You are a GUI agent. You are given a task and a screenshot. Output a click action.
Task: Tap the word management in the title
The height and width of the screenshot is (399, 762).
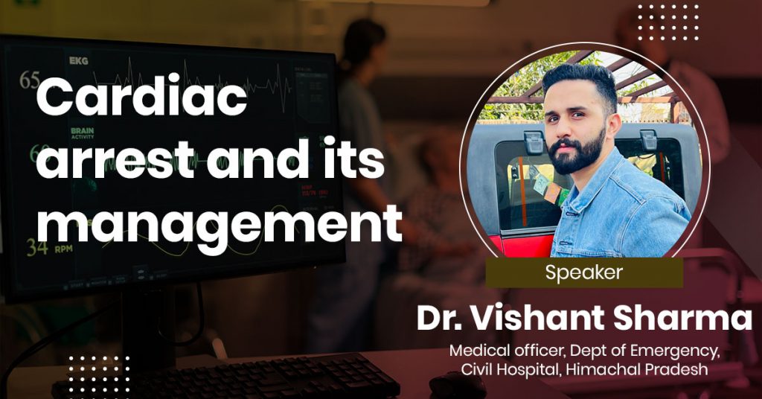tap(220, 223)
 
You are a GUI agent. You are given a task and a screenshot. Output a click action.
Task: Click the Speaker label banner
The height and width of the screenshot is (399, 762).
tap(584, 272)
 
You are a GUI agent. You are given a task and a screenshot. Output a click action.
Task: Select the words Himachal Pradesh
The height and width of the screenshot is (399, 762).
tap(637, 369)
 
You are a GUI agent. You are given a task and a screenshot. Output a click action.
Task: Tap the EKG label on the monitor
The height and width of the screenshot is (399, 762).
tap(79, 61)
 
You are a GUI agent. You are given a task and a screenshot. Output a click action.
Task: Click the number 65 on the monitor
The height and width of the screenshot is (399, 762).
tap(29, 80)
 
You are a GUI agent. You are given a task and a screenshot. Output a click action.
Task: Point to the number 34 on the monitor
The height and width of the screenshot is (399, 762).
tap(37, 247)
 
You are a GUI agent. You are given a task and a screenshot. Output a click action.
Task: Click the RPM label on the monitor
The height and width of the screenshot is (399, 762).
tap(64, 249)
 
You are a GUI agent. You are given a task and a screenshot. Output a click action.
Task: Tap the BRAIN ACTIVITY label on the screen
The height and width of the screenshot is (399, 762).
tap(82, 133)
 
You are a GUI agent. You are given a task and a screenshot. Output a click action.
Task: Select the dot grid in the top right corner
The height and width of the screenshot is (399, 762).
tap(668, 22)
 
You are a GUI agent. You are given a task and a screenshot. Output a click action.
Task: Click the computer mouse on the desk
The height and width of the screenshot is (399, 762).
tap(457, 386)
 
